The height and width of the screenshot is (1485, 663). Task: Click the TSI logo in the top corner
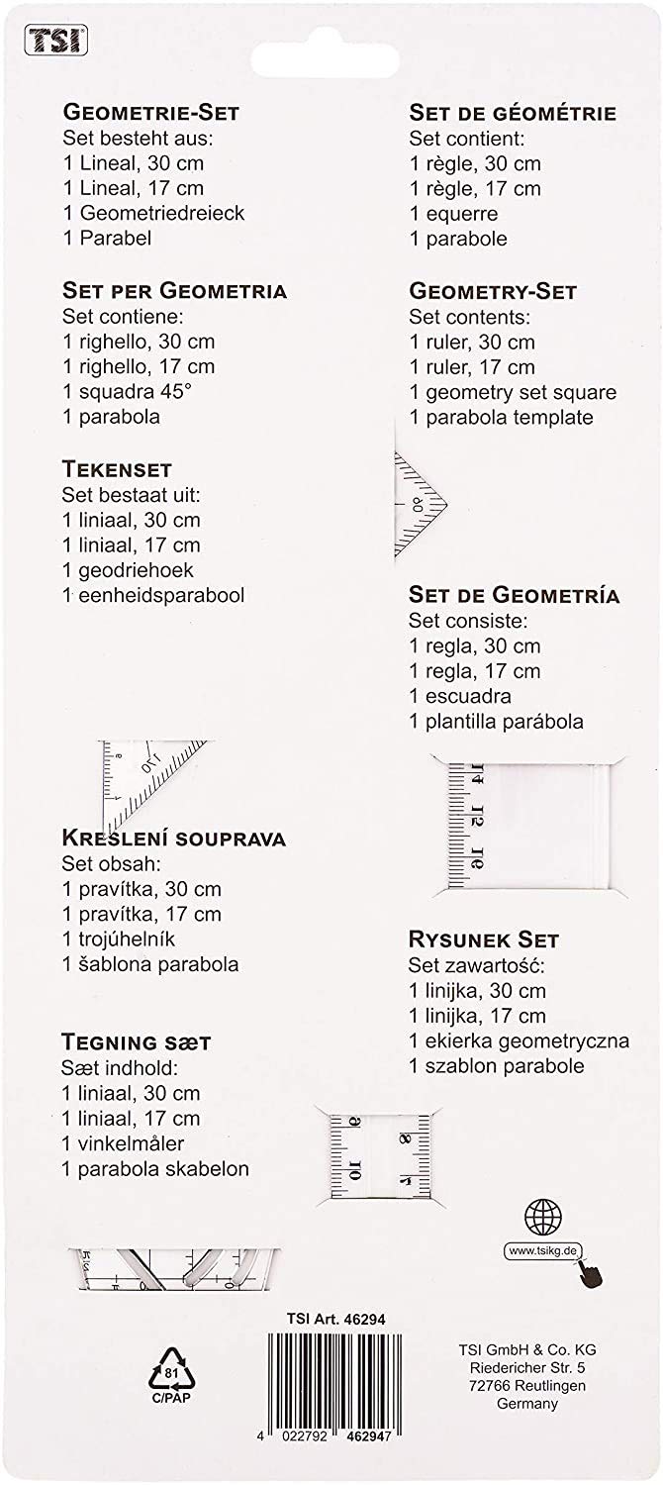56,40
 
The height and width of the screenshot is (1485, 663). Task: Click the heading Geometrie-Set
150,112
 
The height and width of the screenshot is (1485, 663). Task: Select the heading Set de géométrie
513,113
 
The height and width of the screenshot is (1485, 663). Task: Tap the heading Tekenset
117,468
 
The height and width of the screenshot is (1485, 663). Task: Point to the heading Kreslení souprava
174,839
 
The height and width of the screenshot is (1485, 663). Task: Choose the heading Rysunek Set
484,940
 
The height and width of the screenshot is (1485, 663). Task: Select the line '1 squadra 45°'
127,391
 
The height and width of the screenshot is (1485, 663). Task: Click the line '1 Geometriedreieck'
152,213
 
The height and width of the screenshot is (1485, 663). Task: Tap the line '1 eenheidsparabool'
153,595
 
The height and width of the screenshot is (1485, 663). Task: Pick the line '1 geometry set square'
513,392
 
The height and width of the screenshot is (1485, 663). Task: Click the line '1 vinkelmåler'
130,1143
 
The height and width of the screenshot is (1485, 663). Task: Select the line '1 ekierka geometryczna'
519,1040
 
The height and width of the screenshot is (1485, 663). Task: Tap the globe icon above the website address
543,1216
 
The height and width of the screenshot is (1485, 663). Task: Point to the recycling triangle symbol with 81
170,1375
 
